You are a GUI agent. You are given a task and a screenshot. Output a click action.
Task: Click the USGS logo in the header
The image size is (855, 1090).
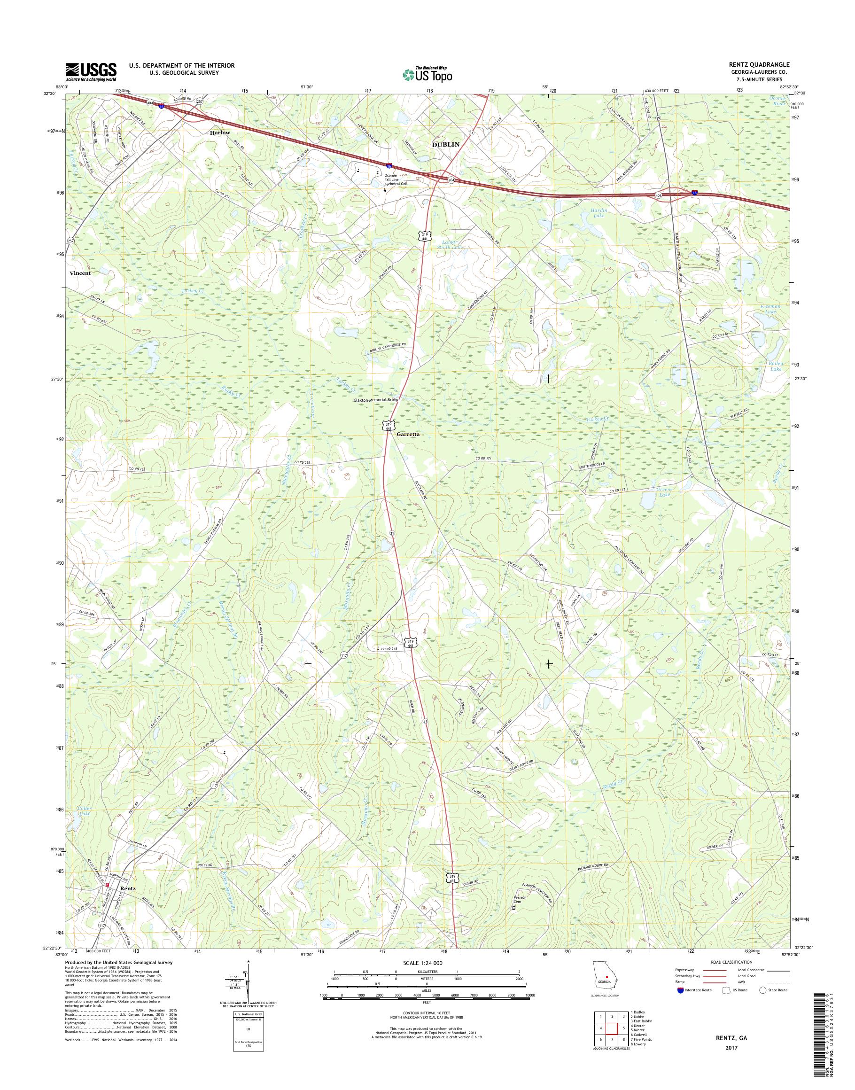(91, 71)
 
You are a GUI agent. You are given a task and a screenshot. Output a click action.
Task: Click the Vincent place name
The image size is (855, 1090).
(80, 273)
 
